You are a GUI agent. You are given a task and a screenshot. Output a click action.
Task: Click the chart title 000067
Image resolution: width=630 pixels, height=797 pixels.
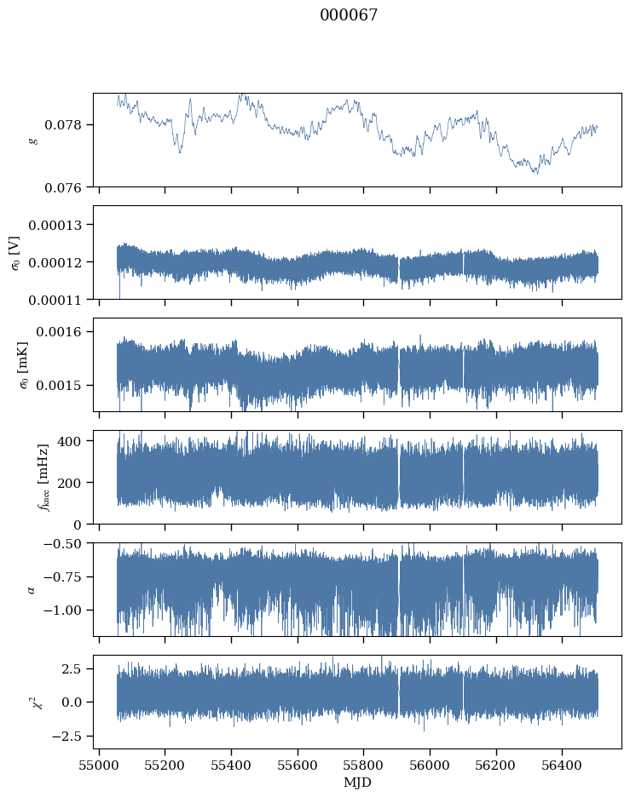349,15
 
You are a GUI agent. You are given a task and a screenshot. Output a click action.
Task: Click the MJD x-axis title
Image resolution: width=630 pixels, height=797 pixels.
357,783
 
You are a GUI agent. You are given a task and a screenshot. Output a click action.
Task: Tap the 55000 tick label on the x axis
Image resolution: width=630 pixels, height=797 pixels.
99,765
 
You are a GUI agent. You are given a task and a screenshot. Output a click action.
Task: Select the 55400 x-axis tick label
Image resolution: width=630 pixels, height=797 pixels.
231,765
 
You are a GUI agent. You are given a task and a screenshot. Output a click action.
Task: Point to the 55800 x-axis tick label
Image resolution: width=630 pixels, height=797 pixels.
363,765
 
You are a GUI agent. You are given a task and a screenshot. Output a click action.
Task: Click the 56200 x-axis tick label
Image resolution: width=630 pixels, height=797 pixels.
496,765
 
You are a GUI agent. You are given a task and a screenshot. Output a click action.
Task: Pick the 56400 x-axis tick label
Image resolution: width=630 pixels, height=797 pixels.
563,765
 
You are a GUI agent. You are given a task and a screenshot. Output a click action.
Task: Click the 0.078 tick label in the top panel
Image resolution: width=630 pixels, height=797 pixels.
62,125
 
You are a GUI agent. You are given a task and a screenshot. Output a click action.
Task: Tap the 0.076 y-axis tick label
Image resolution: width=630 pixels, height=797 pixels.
62,188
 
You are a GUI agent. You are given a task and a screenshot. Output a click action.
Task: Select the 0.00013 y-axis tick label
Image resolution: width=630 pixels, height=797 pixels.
55,225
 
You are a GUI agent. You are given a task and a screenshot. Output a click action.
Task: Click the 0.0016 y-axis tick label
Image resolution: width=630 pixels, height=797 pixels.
59,332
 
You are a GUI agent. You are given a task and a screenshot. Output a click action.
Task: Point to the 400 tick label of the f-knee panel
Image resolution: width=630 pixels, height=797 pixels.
69,441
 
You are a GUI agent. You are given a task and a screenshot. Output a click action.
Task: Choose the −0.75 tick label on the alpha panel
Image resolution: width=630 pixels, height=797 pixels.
62,577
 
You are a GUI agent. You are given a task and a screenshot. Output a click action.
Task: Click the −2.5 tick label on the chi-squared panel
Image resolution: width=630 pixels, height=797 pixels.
66,736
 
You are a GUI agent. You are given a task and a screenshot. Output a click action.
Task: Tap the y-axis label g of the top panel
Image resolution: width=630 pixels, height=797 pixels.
33,140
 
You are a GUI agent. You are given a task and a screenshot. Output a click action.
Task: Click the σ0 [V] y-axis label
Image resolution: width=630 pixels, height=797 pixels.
16,253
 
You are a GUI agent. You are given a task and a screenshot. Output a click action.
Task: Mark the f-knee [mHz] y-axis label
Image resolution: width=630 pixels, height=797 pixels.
43,478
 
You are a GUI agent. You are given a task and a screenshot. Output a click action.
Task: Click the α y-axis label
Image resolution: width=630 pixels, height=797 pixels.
32,589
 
